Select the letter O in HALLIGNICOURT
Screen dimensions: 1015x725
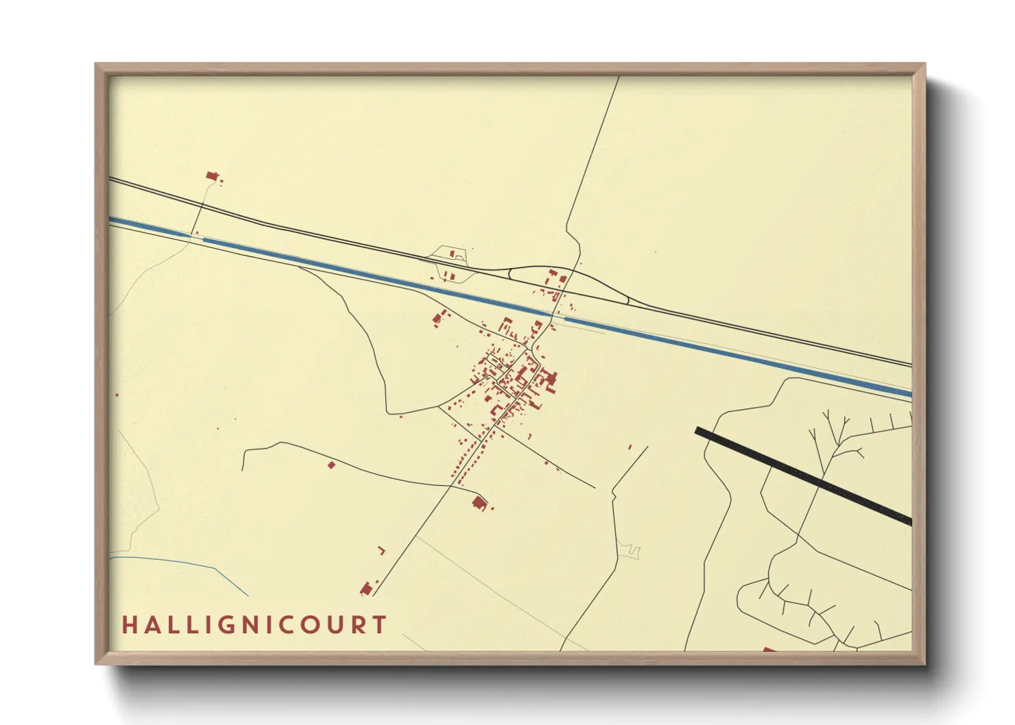click(x=304, y=625)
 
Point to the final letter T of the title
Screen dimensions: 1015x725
click(x=379, y=625)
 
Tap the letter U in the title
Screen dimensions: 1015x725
click(x=330, y=625)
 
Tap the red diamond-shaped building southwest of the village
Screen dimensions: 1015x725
click(x=331, y=465)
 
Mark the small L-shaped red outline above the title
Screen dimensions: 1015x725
click(x=382, y=550)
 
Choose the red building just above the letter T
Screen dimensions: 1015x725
click(x=366, y=588)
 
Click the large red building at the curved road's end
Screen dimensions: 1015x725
click(x=479, y=504)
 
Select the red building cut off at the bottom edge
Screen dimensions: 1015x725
click(x=768, y=649)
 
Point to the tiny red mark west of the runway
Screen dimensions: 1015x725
click(x=630, y=447)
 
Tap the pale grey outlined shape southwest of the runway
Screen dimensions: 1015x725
click(x=629, y=550)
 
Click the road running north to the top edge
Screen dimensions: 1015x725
click(x=593, y=151)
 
